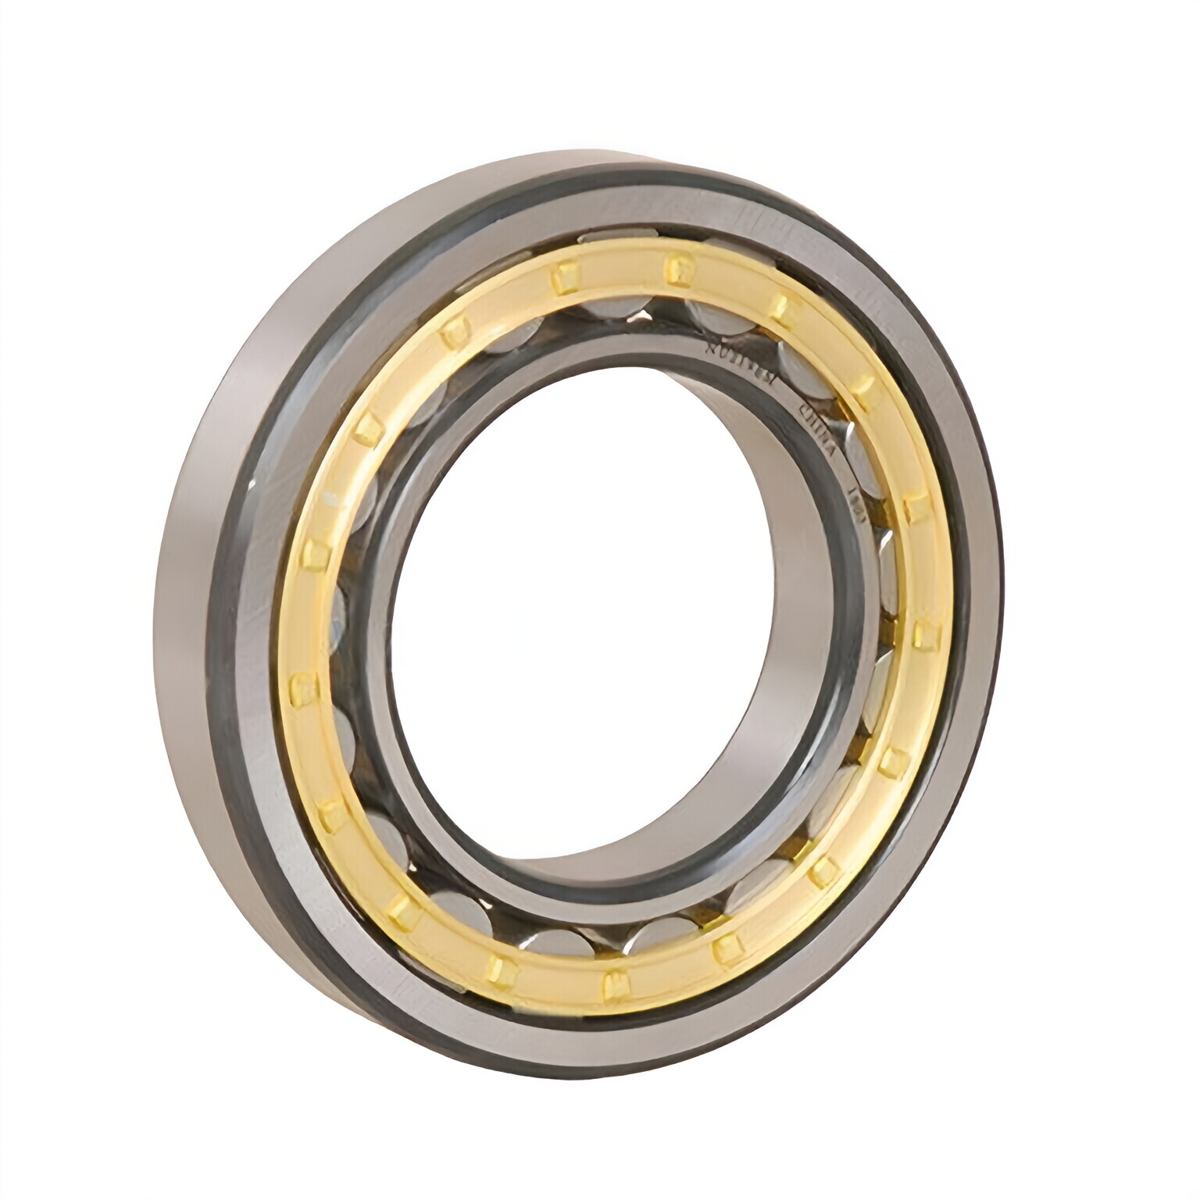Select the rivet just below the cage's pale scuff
point(317,553)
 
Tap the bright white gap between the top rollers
point(643,315)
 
